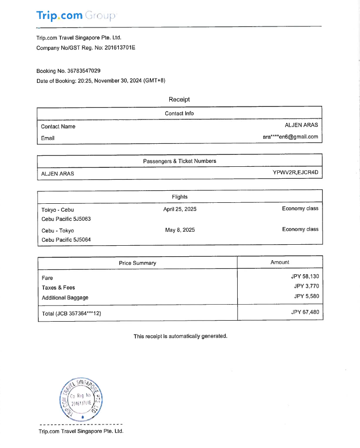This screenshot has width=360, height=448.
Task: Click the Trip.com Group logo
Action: (76, 15)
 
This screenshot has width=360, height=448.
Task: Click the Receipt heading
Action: (179, 100)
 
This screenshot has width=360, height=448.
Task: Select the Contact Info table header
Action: (179, 113)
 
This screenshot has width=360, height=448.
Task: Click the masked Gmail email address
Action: (290, 137)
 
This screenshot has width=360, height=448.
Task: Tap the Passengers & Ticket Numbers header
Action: (179, 161)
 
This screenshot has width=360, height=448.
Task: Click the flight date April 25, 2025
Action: (180, 209)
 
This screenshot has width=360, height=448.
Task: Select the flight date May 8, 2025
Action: (180, 230)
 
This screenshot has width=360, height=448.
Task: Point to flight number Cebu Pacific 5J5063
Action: (66, 219)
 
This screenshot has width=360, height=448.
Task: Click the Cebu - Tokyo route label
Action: (57, 231)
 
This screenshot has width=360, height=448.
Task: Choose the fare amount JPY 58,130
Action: (305, 276)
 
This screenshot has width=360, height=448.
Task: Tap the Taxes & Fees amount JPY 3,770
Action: (306, 286)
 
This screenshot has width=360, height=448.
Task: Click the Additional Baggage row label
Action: (65, 298)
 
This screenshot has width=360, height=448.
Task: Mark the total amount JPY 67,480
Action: (305, 313)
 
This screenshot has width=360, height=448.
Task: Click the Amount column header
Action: (280, 262)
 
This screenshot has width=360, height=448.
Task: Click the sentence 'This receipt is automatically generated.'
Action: (180, 336)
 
